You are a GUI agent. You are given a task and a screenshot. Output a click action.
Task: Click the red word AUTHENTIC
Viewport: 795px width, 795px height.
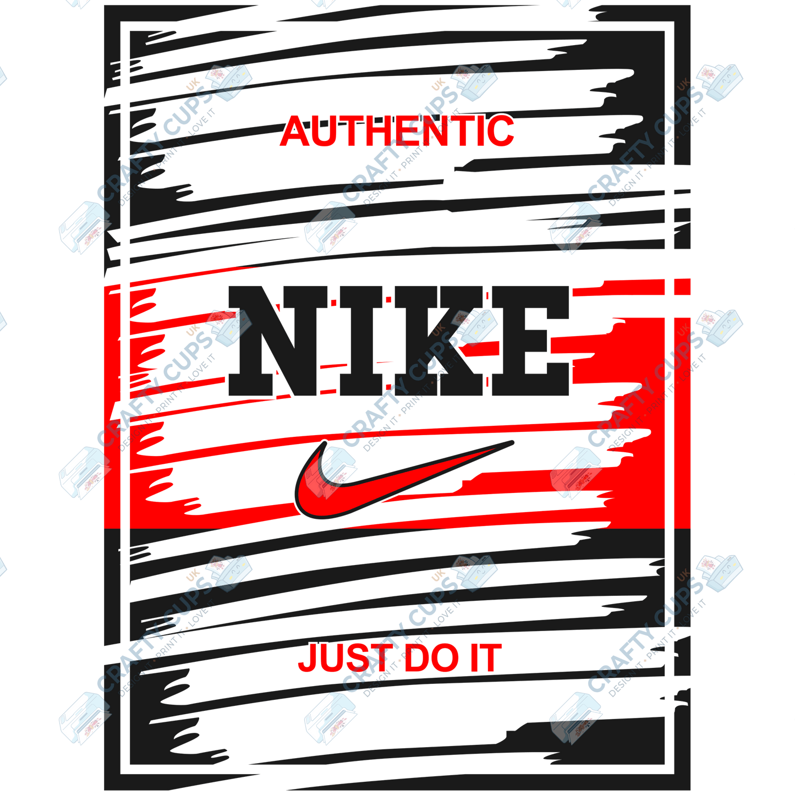click(396, 131)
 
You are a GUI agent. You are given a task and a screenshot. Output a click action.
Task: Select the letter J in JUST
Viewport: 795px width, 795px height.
click(309, 658)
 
